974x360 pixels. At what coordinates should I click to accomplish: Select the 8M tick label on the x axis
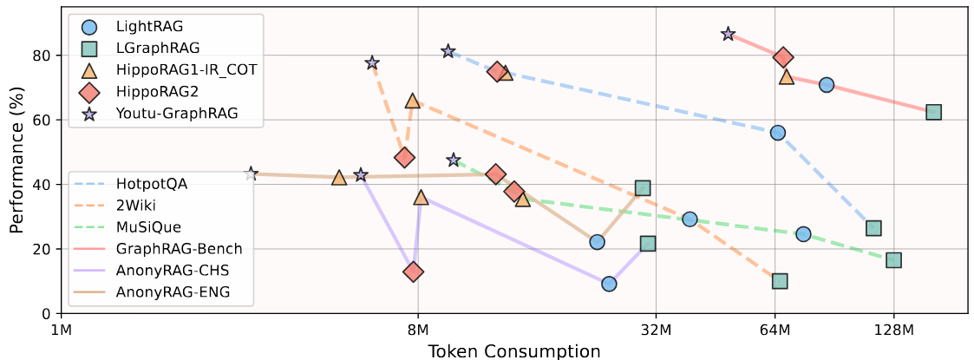[x=418, y=330]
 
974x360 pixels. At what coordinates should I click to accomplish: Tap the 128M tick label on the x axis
[x=893, y=330]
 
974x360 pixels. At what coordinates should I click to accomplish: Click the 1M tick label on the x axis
[x=61, y=330]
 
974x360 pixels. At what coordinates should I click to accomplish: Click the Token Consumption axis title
[x=513, y=350]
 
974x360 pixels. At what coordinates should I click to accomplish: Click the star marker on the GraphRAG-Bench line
[x=728, y=34]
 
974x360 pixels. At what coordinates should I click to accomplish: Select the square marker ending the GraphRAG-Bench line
[x=933, y=112]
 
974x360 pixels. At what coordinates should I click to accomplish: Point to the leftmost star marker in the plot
[x=251, y=173]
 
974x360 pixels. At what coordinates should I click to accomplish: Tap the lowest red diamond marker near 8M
[x=414, y=272]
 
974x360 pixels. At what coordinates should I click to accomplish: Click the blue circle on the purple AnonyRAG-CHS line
[x=609, y=284]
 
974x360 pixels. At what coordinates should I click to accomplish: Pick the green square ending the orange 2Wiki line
[x=780, y=281]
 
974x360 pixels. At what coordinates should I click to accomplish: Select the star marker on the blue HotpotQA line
[x=448, y=51]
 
